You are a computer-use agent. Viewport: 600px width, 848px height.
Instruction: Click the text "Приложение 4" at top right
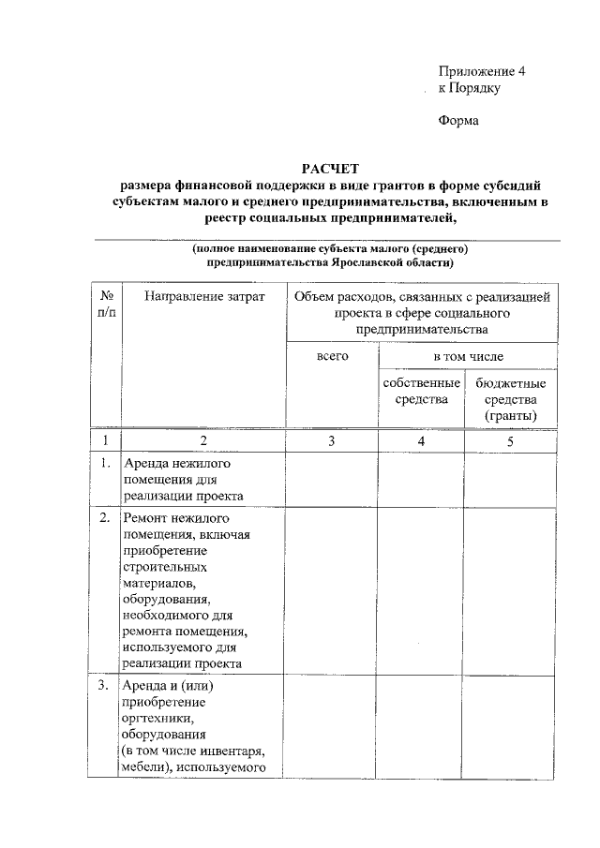point(483,71)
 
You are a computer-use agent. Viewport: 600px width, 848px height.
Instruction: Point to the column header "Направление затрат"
point(204,297)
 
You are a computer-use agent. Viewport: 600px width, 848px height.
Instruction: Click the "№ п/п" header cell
point(106,305)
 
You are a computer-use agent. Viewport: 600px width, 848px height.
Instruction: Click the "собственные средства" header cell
point(421,391)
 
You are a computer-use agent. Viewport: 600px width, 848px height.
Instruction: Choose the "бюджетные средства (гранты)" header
point(510,399)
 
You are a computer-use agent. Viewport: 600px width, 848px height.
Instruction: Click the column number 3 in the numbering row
point(332,440)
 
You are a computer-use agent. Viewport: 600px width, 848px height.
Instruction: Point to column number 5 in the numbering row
point(510,440)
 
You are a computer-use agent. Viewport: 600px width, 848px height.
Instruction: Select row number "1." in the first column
point(105,463)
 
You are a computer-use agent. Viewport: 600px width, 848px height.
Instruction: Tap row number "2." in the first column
point(105,517)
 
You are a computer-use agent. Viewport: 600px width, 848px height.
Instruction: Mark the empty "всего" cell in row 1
point(332,480)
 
